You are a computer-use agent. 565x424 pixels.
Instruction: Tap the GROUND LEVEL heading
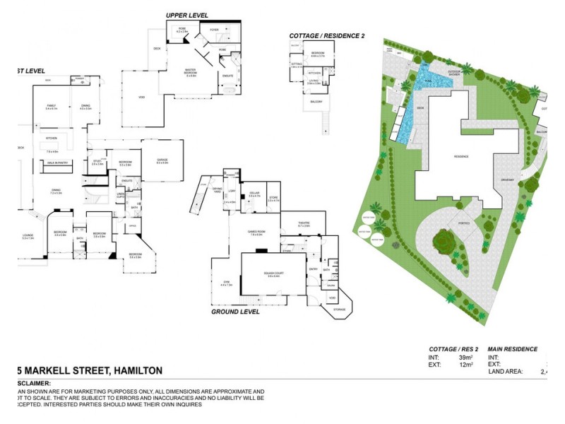[x=235, y=311]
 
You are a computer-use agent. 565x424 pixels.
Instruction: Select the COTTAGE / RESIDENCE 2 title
[x=326, y=35]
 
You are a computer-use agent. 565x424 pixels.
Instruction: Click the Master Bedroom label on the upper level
[x=191, y=71]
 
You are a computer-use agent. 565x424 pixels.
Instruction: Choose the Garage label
[x=162, y=161]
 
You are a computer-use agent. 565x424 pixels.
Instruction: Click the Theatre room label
[x=304, y=224]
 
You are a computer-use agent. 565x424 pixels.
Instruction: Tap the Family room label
[x=51, y=107]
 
